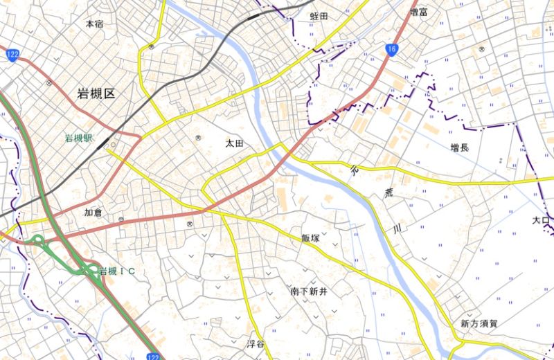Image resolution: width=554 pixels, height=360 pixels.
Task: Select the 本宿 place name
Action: pyautogui.click(x=94, y=24)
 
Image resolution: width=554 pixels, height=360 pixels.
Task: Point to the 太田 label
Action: pyautogui.click(x=235, y=143)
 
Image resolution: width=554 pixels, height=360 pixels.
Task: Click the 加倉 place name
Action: pyautogui.click(x=93, y=213)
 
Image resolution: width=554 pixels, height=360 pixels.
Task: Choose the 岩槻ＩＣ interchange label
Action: pyautogui.click(x=117, y=271)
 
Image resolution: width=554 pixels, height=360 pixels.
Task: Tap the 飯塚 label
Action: pyautogui.click(x=310, y=238)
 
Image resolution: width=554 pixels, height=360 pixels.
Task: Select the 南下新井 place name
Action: pyautogui.click(x=308, y=292)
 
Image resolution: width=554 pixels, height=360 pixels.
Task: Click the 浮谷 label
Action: pyautogui.click(x=256, y=344)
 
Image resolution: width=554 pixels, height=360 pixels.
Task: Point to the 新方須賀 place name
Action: pyautogui.click(x=479, y=323)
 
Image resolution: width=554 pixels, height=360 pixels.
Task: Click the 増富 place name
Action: pyautogui.click(x=419, y=12)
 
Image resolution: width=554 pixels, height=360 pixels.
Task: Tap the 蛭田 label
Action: pyautogui.click(x=319, y=15)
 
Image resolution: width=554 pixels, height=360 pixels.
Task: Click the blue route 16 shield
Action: pyautogui.click(x=392, y=48)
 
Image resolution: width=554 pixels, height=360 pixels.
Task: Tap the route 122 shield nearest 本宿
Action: pyautogui.click(x=11, y=55)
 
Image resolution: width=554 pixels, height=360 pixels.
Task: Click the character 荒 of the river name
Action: pyautogui.click(x=378, y=195)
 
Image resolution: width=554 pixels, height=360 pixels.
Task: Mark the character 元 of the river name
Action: pyautogui.click(x=356, y=169)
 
